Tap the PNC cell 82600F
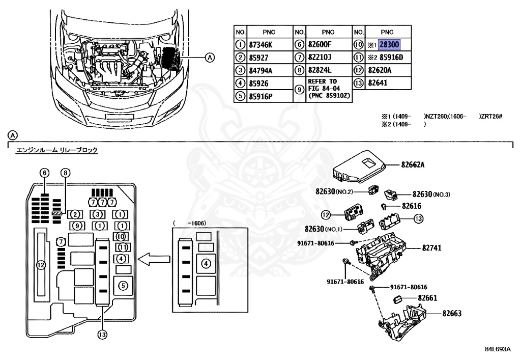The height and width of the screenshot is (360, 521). (x=320, y=45)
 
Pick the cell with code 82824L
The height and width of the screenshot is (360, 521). (x=320, y=70)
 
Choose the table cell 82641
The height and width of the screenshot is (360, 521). (x=378, y=82)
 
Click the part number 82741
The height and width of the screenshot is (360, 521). (x=431, y=248)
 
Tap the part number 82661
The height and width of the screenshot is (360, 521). (x=428, y=298)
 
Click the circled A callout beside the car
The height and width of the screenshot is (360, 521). (x=210, y=57)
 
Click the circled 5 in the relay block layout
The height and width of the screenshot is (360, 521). (x=123, y=286)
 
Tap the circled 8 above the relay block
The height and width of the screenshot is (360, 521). (x=65, y=173)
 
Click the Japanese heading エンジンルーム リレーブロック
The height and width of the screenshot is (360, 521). (x=56, y=150)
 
